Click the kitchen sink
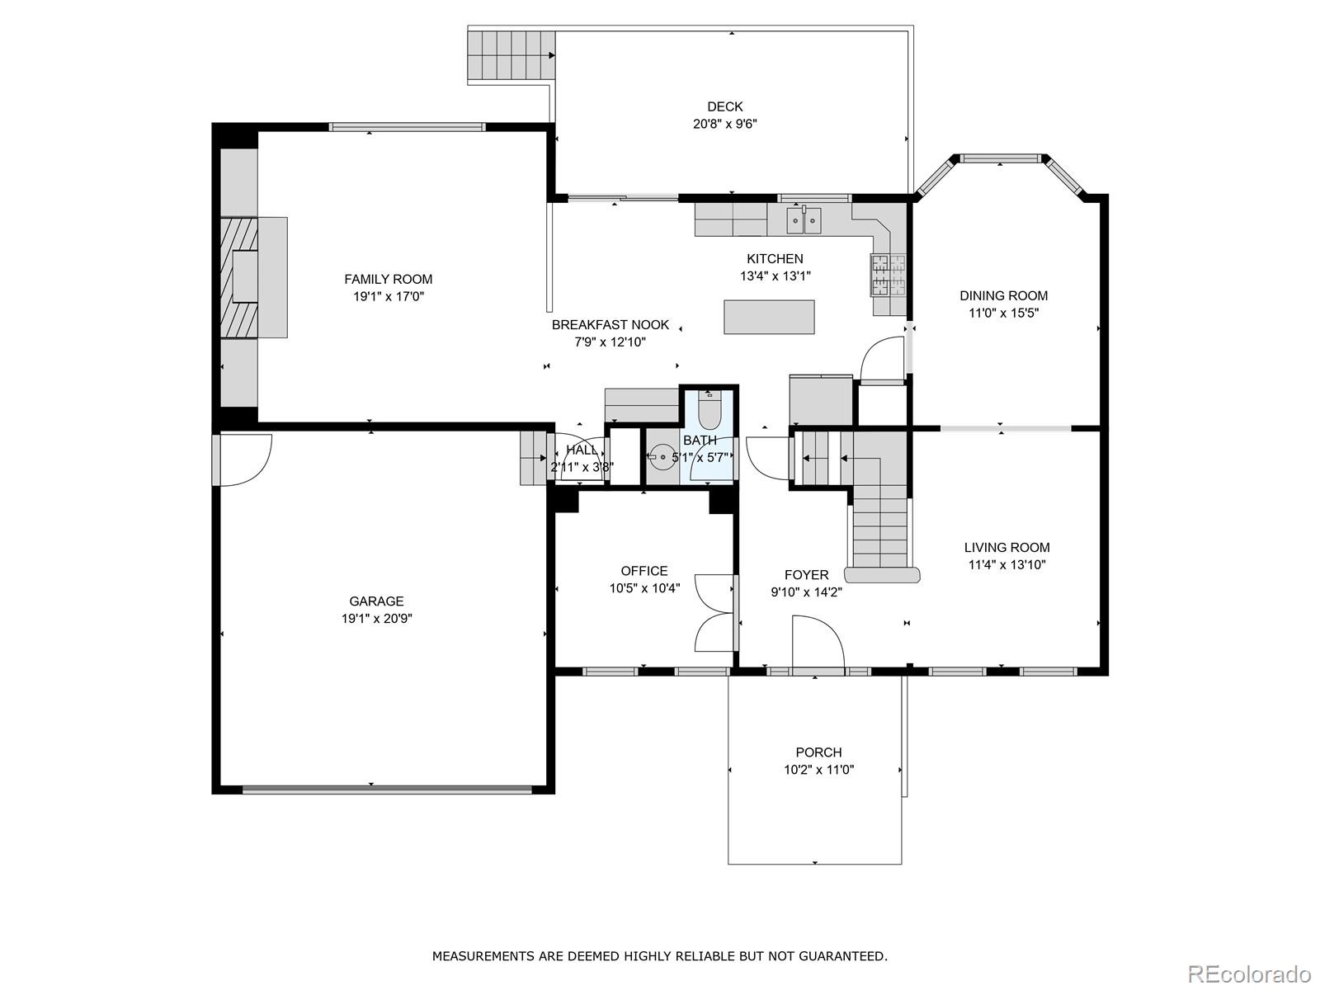(x=804, y=220)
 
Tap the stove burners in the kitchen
(x=889, y=275)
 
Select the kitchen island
(x=769, y=317)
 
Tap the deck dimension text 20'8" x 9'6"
(x=724, y=124)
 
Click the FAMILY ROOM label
(x=388, y=279)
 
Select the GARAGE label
(x=376, y=601)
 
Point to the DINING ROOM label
(x=1004, y=295)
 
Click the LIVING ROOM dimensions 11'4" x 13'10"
(x=1006, y=565)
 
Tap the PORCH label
(x=818, y=752)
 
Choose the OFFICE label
(x=644, y=571)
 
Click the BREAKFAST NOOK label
(x=610, y=325)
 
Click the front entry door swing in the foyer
(x=818, y=642)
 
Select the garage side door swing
(x=246, y=460)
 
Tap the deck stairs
(x=511, y=55)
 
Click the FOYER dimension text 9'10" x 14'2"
(x=806, y=592)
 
